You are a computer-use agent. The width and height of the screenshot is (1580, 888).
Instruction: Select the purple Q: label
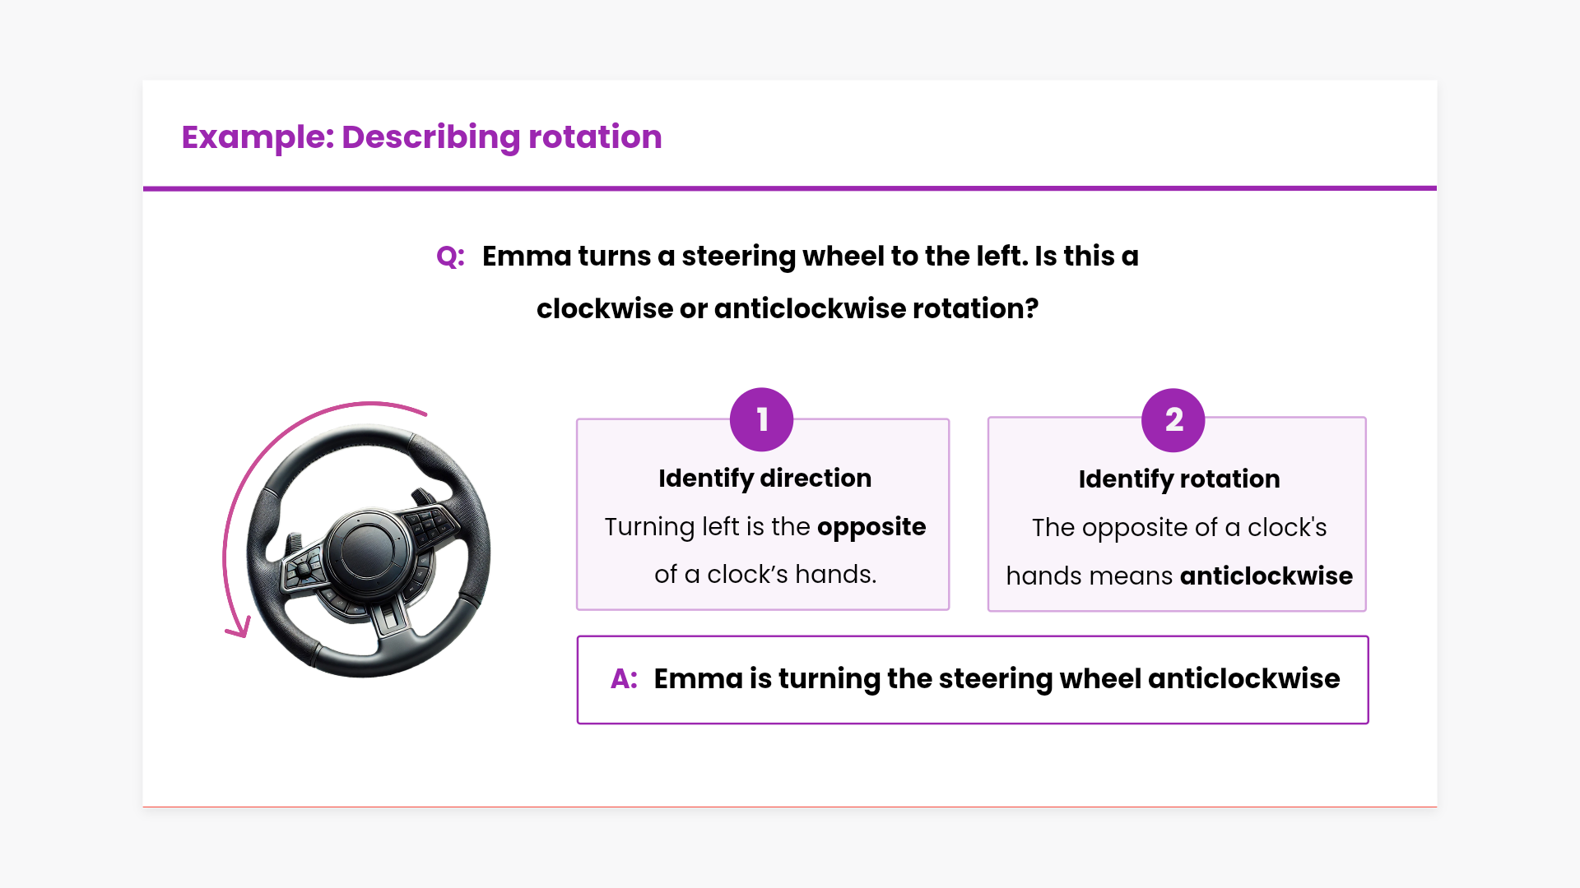450,257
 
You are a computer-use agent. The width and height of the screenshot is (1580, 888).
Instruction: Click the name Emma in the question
525,257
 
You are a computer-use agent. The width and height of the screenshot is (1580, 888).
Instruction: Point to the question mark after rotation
1032,309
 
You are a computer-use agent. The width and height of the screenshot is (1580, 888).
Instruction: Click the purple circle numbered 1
761,419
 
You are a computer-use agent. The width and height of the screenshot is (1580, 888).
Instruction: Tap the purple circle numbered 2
1173,420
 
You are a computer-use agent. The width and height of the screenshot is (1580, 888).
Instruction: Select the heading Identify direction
764,478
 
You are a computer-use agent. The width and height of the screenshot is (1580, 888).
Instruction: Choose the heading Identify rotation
1178,479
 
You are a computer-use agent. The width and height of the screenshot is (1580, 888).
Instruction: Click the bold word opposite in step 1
871,526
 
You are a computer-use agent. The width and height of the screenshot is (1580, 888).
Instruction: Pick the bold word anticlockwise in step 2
1266,576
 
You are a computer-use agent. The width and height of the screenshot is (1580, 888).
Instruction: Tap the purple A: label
624,679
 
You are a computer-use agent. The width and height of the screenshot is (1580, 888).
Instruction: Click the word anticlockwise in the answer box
1243,679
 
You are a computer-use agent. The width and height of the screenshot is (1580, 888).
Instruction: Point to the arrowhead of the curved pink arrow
239,629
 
